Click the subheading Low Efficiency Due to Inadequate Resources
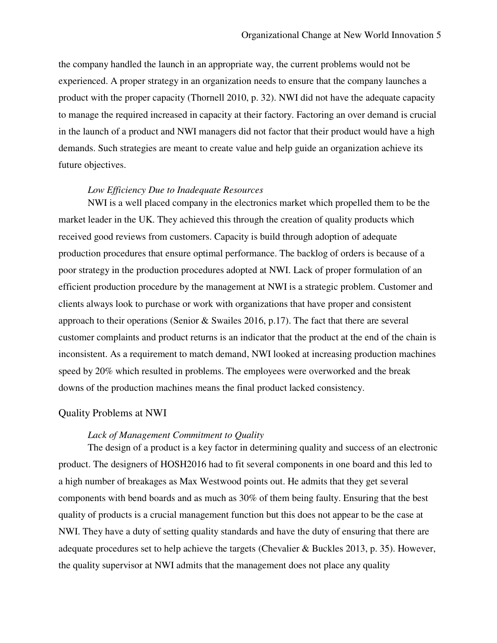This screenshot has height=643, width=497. (x=175, y=190)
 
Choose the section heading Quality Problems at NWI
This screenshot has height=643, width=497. (x=112, y=413)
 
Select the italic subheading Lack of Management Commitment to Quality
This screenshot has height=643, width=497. (x=175, y=435)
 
